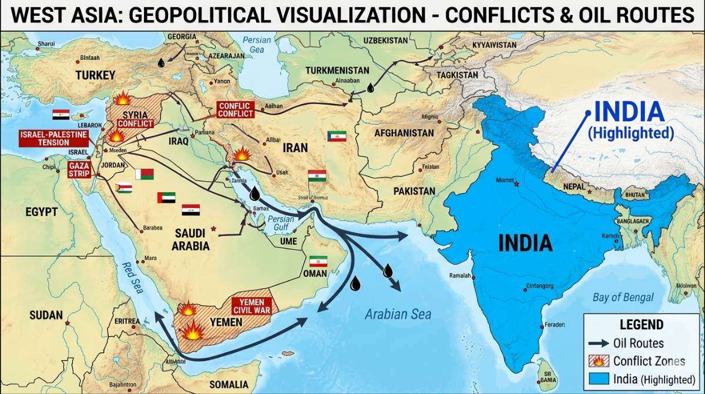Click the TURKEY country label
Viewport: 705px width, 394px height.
click(x=95, y=75)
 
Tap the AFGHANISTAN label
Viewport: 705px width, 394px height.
click(x=404, y=133)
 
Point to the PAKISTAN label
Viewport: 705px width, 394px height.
click(x=414, y=191)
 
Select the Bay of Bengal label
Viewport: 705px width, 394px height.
click(x=623, y=298)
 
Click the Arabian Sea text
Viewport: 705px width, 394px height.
click(x=398, y=314)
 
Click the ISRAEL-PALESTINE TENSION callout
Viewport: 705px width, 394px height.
click(x=53, y=139)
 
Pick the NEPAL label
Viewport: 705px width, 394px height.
click(x=573, y=187)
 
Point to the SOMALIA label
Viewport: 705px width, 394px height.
click(x=229, y=385)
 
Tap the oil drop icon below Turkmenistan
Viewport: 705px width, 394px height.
click(x=370, y=88)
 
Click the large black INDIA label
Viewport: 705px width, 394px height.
click(x=525, y=243)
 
